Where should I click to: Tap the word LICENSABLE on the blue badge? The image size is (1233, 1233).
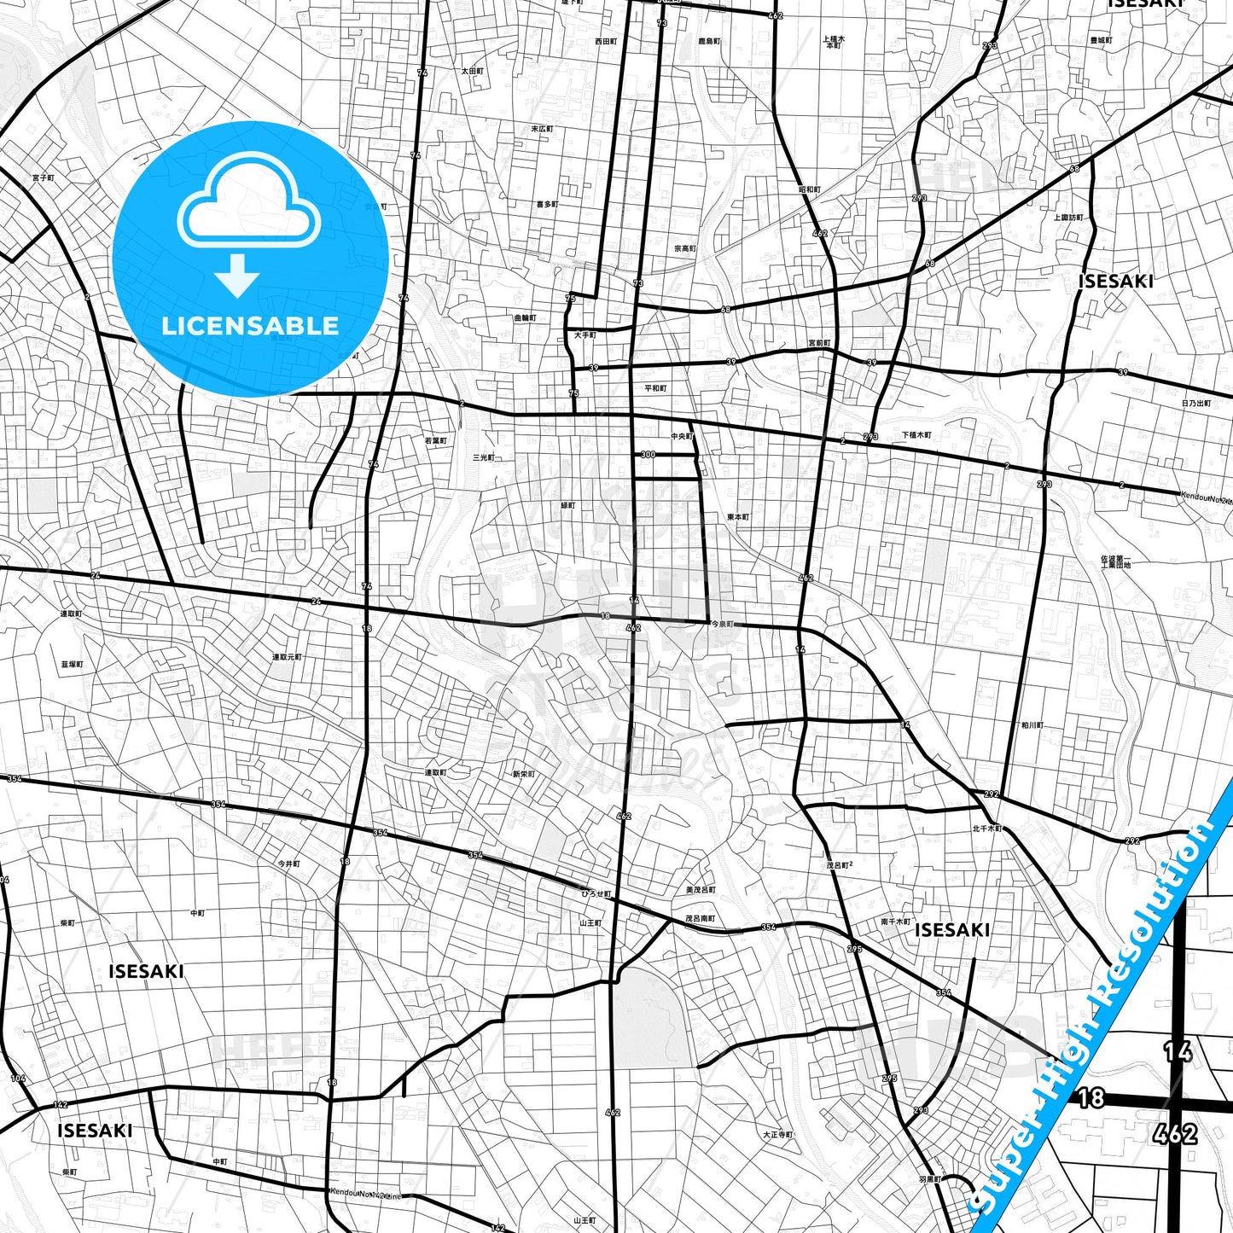click(250, 325)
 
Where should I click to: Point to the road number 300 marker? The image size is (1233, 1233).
click(648, 455)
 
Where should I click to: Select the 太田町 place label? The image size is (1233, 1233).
click(473, 72)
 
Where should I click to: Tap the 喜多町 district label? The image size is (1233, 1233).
click(547, 205)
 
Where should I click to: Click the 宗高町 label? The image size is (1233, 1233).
click(685, 249)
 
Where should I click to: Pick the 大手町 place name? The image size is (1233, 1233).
click(585, 335)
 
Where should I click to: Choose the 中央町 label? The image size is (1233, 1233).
click(682, 437)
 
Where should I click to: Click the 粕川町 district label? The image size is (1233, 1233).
click(1032, 725)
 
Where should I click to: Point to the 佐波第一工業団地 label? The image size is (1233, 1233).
click(1115, 562)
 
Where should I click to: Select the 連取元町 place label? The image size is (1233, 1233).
click(287, 657)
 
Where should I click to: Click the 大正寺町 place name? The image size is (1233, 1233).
click(777, 1135)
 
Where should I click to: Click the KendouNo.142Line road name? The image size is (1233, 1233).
click(365, 1191)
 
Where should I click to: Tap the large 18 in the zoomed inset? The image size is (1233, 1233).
click(1091, 1097)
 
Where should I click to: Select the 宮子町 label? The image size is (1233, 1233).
click(43, 177)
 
